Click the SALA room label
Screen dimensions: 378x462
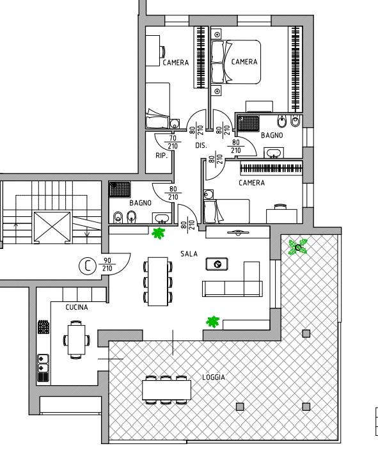point(189,253)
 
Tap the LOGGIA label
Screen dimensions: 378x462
point(214,377)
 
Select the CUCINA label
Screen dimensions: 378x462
point(77,307)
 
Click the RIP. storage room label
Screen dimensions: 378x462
point(161,155)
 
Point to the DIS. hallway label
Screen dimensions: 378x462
point(201,145)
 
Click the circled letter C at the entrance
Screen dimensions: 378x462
point(88,266)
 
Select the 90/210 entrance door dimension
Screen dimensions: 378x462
point(107,264)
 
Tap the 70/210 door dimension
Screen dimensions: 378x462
point(173,142)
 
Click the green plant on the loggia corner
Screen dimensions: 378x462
point(298,247)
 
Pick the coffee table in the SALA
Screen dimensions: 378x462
point(217,264)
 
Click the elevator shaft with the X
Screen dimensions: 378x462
point(52,227)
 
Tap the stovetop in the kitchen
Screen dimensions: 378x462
point(43,327)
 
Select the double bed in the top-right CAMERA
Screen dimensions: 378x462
point(236,62)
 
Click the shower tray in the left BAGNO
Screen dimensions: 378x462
point(120,189)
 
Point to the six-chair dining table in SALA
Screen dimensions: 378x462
point(158,282)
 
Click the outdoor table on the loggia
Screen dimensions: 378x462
point(167,390)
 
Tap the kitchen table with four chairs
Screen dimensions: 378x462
point(77,339)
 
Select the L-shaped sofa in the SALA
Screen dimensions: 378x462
point(233,279)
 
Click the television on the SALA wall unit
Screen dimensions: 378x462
point(238,233)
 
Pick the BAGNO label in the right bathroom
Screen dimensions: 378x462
point(272,135)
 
